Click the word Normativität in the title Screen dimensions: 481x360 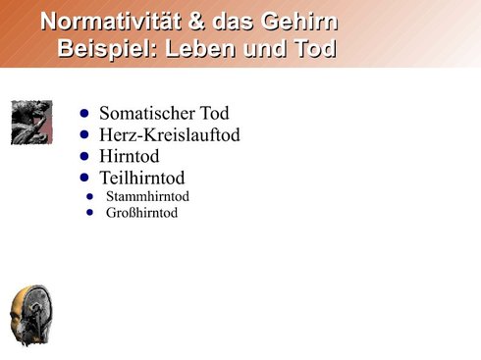111,22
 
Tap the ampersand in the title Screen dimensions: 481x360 196,22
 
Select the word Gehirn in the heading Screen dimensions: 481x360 299,22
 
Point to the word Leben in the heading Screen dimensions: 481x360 200,48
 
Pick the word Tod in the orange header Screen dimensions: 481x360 315,48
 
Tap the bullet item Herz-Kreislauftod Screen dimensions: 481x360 170,134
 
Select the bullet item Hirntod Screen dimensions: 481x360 130,156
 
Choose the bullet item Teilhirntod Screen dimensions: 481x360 142,178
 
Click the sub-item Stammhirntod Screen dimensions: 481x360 147,196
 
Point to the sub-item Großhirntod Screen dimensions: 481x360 141,213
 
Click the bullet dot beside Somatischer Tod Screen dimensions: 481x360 84,113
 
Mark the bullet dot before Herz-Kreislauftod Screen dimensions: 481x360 84,134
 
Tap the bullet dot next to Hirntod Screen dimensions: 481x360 84,156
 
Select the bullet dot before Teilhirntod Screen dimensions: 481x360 84,178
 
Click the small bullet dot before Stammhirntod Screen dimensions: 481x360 89,196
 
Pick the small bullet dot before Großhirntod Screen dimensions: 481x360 89,213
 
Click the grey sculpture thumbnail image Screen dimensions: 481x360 31,123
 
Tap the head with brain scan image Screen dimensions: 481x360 31,316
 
